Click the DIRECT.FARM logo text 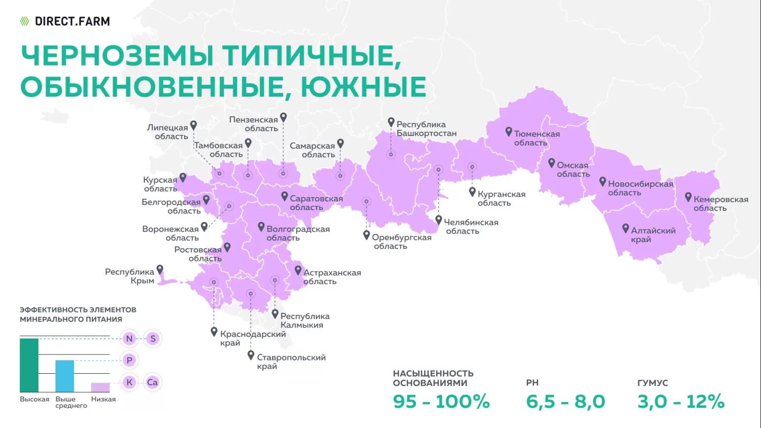(72, 21)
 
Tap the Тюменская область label (536, 138)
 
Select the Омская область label (573, 170)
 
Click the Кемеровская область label (720, 204)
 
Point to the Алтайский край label (653, 235)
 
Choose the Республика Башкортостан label (426, 129)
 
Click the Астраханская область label (332, 277)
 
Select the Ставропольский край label (291, 361)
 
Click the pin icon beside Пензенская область (283, 117)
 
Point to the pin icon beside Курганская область (472, 192)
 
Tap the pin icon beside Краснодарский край (214, 332)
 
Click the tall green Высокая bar (29, 365)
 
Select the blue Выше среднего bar (65, 376)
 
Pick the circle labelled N (129, 339)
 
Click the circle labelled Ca (152, 382)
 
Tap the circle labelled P (129, 360)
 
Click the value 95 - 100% (441, 401)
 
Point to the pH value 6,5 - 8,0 (565, 401)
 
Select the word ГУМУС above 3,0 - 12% (653, 383)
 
